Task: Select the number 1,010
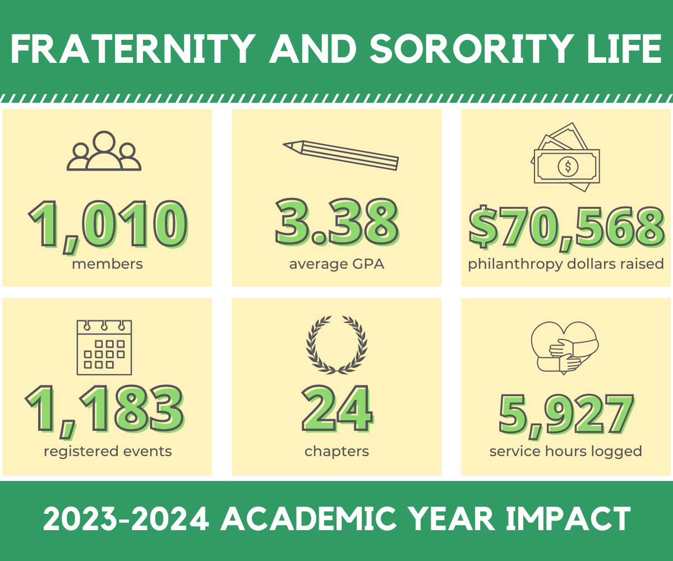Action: pos(107,225)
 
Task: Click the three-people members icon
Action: pos(104,151)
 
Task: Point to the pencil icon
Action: pos(340,154)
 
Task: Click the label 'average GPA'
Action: pos(336,264)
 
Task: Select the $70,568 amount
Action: pos(566,228)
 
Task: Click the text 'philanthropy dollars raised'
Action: pos(566,264)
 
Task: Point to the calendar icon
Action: pos(104,347)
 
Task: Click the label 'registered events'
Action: pos(108,451)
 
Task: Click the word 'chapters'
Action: pos(336,451)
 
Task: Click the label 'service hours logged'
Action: pos(565,451)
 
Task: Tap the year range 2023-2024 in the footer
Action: pos(127,519)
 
